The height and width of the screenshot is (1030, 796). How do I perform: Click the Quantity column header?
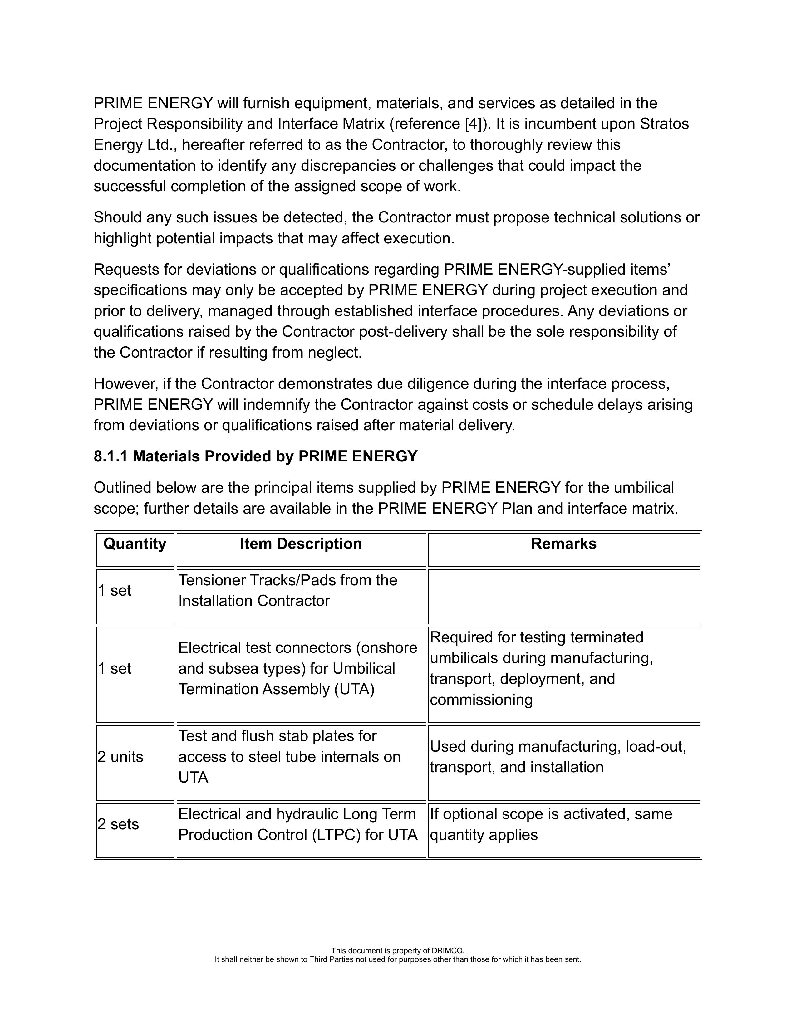(x=135, y=544)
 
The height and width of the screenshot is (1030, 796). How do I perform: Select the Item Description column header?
(x=301, y=544)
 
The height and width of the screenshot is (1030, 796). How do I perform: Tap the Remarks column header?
(x=563, y=544)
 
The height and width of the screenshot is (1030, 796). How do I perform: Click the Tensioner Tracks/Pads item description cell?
(x=288, y=590)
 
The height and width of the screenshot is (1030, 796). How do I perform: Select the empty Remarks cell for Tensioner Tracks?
(x=563, y=596)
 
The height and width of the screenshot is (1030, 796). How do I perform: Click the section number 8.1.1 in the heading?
(x=111, y=456)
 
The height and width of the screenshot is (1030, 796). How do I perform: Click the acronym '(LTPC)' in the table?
(x=336, y=835)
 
